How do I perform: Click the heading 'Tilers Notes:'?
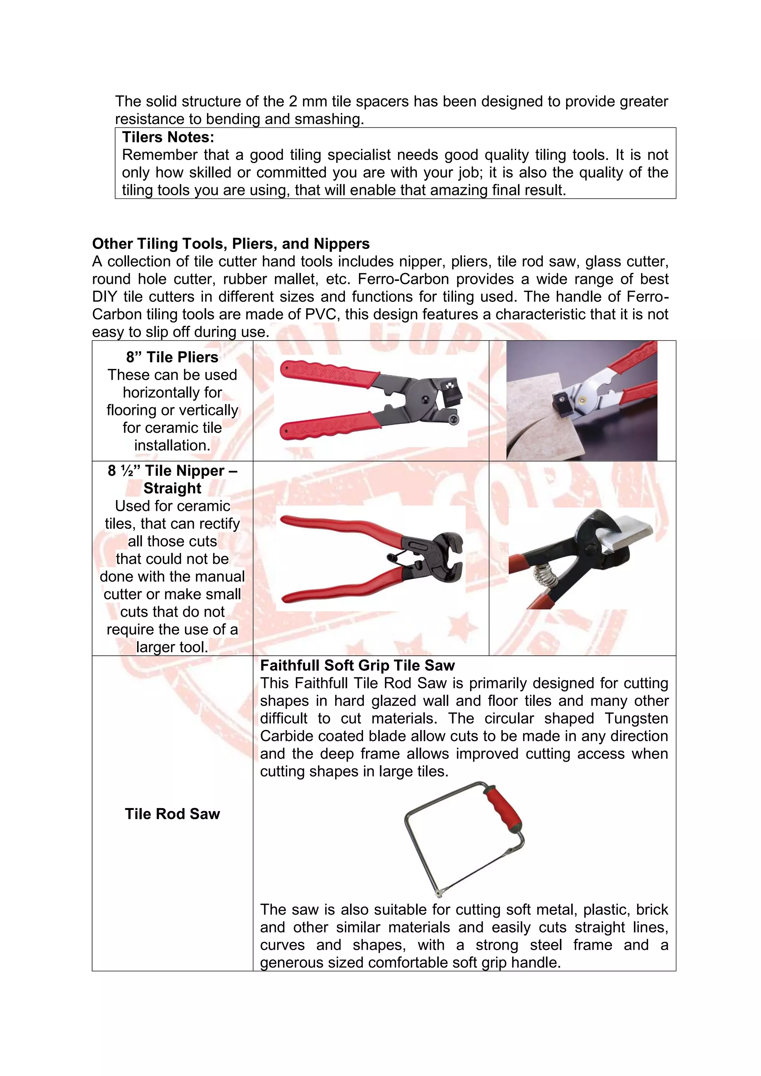pos(168,137)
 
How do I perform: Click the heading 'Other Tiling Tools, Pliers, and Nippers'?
pos(230,244)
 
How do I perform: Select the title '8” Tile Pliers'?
pos(172,357)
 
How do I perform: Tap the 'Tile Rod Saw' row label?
pos(172,814)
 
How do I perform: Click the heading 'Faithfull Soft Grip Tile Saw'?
pos(357,665)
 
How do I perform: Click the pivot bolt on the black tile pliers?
pos(425,399)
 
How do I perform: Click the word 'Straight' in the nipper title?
pos(172,488)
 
